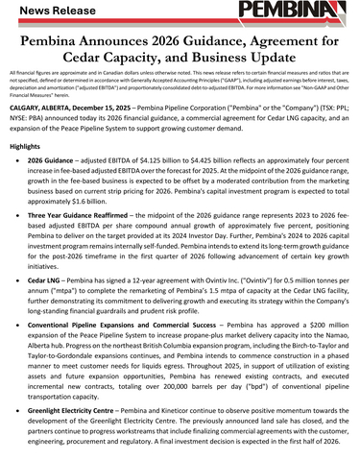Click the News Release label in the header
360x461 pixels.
51,12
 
